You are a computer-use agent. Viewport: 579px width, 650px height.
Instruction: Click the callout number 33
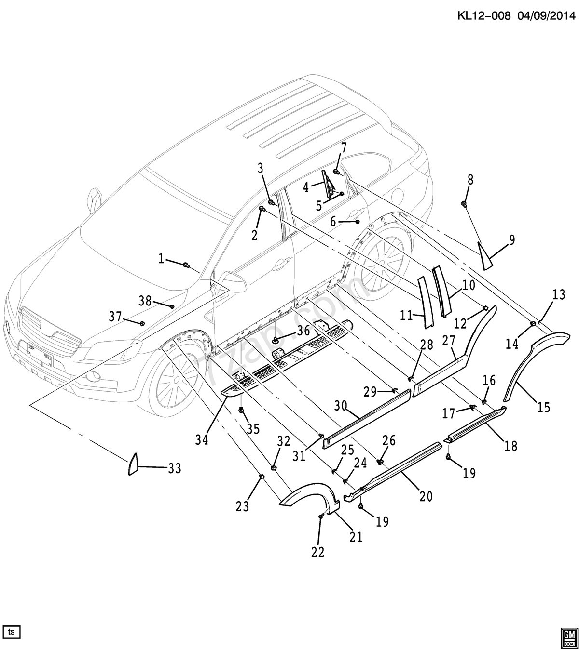pos(174,468)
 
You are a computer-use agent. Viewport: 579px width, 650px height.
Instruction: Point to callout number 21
pos(356,536)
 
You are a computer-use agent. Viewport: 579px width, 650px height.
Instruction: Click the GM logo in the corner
pos(569,637)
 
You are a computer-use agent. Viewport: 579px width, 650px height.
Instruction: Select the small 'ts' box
pos(11,631)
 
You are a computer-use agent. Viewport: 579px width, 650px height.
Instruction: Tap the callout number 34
pos(202,439)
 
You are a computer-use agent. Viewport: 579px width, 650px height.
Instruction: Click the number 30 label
pos(341,406)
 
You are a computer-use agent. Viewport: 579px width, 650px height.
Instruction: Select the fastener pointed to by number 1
pos(186,265)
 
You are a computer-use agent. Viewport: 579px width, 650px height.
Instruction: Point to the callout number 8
pos(470,180)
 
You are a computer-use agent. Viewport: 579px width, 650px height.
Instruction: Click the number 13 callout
pos(558,294)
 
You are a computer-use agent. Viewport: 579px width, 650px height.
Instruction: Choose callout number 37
pos(115,317)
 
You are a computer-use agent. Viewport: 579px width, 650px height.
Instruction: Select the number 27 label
pos(449,341)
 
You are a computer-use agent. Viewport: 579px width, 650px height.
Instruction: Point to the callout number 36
pos(303,331)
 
